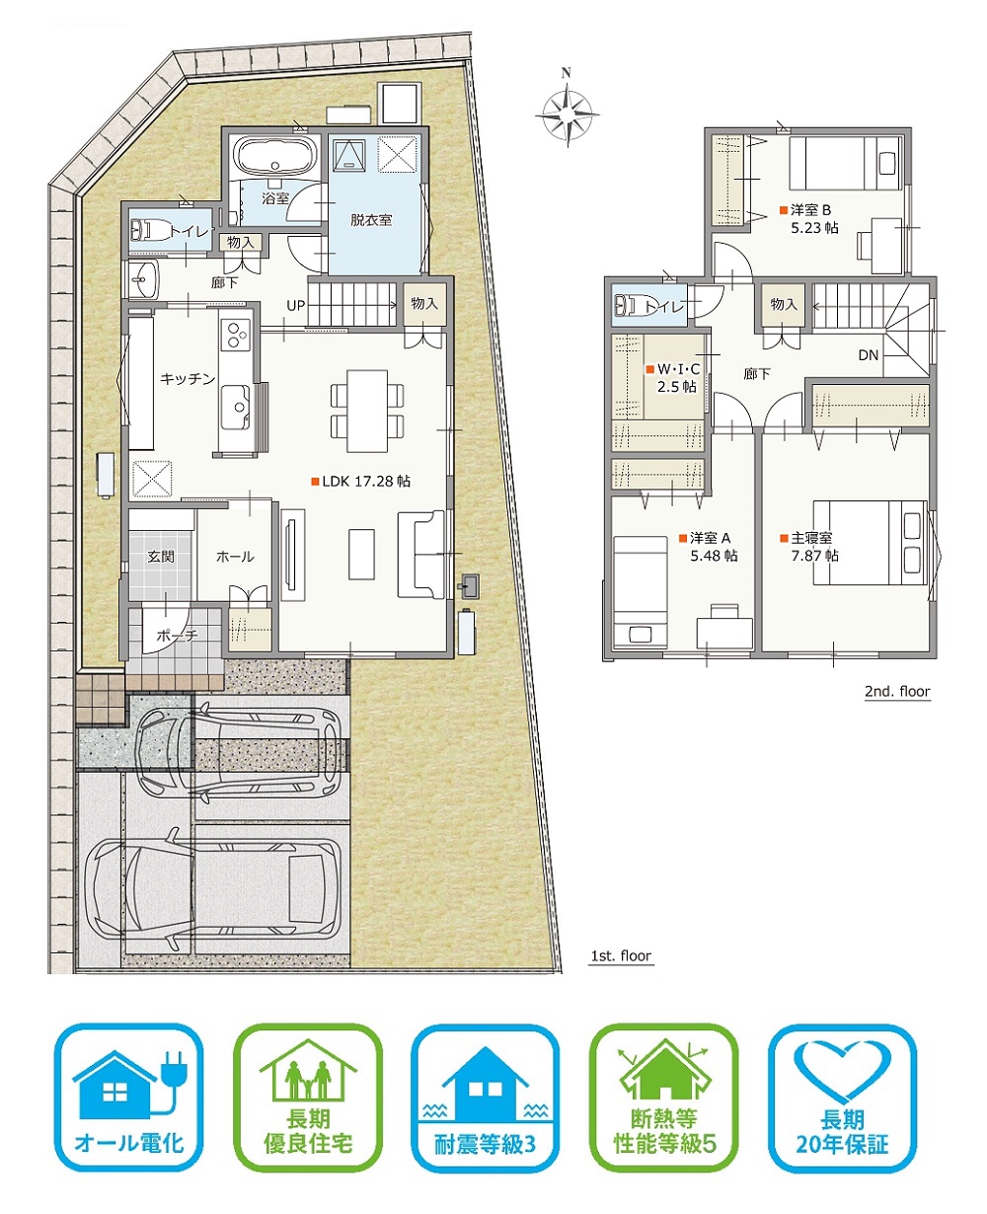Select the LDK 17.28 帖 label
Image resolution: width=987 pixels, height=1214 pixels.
click(360, 481)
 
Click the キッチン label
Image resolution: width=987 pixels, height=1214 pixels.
click(188, 378)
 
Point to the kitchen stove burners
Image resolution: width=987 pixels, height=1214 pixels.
click(235, 335)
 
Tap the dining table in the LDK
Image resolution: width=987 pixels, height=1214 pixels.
click(367, 411)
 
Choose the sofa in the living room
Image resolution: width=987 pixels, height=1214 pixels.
click(421, 554)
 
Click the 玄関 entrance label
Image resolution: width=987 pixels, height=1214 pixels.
click(161, 557)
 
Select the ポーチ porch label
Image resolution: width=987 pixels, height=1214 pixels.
click(177, 636)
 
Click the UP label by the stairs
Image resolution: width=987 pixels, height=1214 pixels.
click(296, 306)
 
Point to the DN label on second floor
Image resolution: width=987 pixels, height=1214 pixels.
click(869, 355)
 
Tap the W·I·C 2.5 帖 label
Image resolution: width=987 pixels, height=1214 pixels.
click(672, 378)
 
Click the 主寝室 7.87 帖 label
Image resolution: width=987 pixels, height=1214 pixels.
click(809, 547)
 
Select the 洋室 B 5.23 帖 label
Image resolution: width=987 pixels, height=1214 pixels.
click(809, 219)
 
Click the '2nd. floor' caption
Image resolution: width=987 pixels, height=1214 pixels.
click(897, 691)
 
